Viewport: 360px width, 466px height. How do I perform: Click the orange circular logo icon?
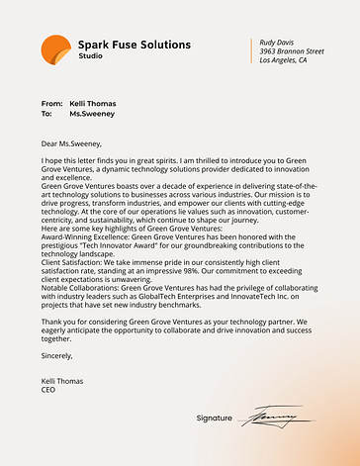56,48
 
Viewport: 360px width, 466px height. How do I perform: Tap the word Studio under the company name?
90,56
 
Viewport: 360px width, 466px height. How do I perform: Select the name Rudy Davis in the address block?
278,43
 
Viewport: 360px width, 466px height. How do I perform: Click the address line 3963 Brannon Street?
291,51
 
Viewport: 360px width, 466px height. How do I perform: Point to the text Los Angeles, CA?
283,60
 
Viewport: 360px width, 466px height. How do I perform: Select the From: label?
51,104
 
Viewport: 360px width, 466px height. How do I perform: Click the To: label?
46,114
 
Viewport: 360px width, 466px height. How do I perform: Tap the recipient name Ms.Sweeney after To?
92,114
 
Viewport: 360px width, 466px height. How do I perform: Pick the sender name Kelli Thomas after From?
93,104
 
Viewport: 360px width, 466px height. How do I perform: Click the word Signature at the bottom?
215,419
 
